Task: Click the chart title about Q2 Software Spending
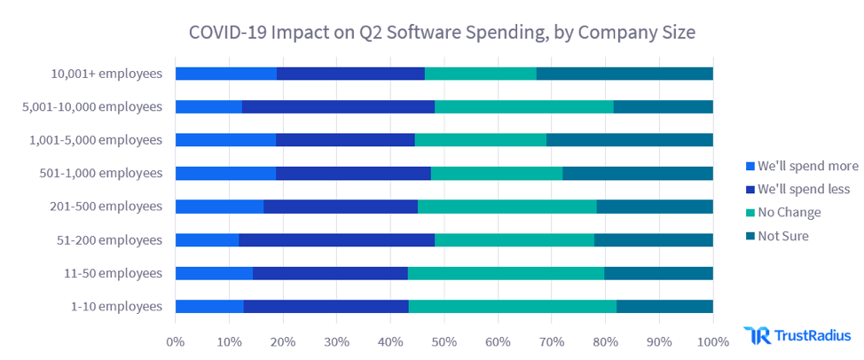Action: (442, 32)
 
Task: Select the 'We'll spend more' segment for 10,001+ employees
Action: (226, 74)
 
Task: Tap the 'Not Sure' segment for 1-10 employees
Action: (664, 307)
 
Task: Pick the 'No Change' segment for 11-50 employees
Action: (506, 273)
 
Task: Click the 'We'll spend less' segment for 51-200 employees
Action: (336, 239)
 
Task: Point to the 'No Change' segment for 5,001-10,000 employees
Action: (523, 106)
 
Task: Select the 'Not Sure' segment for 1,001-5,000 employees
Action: (630, 140)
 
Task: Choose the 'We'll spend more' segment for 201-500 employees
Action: (219, 207)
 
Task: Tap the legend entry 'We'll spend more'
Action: (801, 166)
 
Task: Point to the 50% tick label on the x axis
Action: (444, 340)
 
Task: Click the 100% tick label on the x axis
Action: (712, 340)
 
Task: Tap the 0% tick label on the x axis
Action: (176, 340)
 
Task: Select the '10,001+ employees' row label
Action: (106, 74)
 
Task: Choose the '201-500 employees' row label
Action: (107, 207)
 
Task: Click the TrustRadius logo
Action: (797, 335)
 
